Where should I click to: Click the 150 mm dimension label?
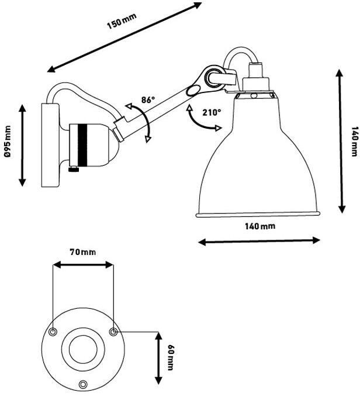pyautogui.click(x=121, y=24)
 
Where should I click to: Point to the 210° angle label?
pyautogui.click(x=212, y=112)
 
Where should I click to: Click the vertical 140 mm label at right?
pyautogui.click(x=354, y=142)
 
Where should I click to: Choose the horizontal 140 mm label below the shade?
pyautogui.click(x=259, y=226)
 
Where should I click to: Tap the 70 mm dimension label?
pyautogui.click(x=82, y=252)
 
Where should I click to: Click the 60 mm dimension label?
pyautogui.click(x=171, y=357)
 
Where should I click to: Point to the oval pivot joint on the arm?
pyautogui.click(x=192, y=91)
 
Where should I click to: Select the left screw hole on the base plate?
pyautogui.click(x=53, y=332)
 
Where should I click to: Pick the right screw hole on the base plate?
pyautogui.click(x=114, y=332)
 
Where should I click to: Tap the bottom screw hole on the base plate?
pyautogui.click(x=84, y=384)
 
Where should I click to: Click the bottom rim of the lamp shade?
pyautogui.click(x=258, y=214)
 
